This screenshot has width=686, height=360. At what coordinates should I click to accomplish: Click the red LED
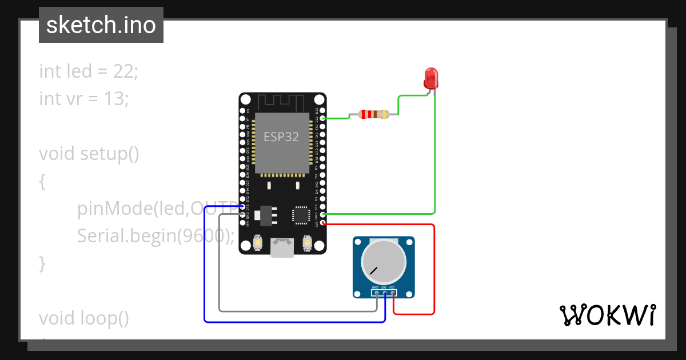click(430, 78)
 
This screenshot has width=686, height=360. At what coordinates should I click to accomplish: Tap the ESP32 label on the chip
click(281, 137)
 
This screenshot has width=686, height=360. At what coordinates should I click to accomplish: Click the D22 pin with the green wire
click(324, 118)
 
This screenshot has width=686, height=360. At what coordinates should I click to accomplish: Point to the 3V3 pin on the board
click(324, 223)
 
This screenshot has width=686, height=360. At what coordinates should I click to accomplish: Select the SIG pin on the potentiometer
click(385, 293)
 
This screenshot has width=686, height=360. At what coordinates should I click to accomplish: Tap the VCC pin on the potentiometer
click(393, 293)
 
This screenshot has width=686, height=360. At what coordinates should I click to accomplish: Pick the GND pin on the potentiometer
click(376, 293)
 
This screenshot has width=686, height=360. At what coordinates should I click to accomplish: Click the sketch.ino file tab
click(101, 25)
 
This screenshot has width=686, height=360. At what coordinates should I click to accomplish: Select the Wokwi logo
click(607, 315)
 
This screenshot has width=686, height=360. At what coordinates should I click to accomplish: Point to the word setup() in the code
click(109, 154)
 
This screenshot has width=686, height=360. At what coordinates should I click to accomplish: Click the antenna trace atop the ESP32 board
click(282, 103)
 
